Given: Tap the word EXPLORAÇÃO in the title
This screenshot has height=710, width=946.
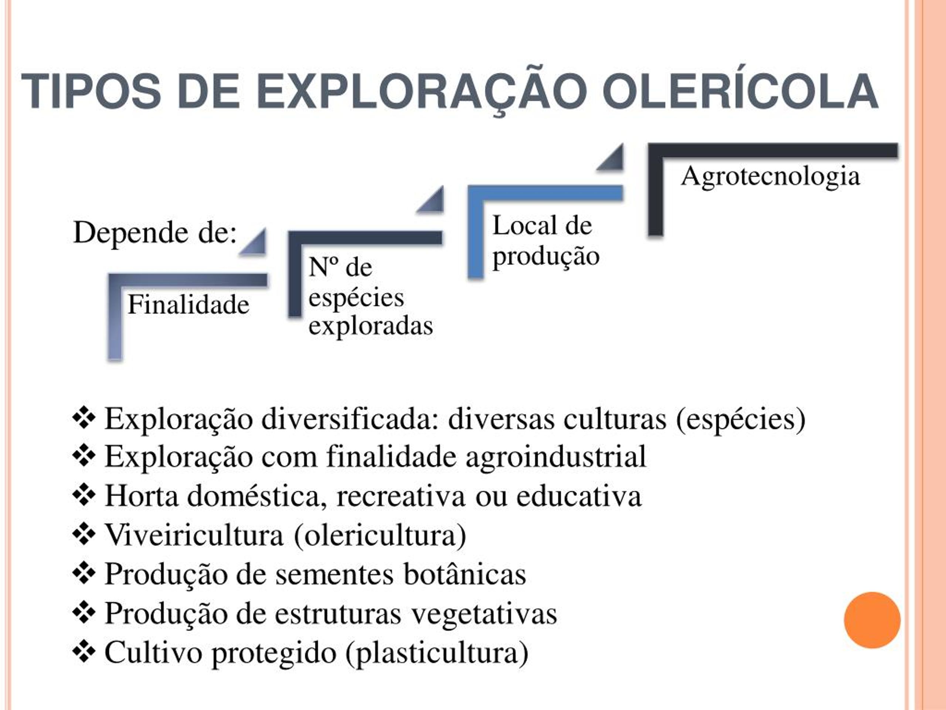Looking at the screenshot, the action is [x=422, y=90].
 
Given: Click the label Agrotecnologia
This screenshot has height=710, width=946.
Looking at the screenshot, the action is [x=770, y=177].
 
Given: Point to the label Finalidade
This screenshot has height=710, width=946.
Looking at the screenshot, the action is [x=188, y=305].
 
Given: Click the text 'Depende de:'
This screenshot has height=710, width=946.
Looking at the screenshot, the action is [x=155, y=233].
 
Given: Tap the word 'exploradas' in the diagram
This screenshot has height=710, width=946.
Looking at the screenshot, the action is [x=371, y=326].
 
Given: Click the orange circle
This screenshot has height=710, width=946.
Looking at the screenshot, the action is [x=872, y=620].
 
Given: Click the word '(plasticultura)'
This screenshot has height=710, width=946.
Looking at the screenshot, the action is [x=437, y=653].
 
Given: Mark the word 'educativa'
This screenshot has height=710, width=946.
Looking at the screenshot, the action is [x=579, y=496].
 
